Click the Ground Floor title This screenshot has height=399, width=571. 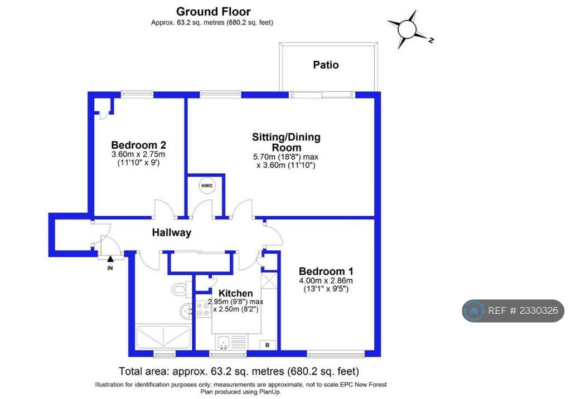(x=213, y=11)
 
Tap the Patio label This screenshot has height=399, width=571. (x=326, y=65)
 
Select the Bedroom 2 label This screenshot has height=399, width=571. (x=139, y=145)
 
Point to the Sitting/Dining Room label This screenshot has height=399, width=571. (x=287, y=142)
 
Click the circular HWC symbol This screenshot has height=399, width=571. (x=207, y=186)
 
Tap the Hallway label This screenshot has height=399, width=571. (x=172, y=232)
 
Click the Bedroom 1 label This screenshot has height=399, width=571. (x=326, y=271)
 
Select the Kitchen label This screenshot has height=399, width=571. (x=236, y=293)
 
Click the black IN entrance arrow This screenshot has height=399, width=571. (x=110, y=259)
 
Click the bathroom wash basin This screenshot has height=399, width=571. (x=188, y=311)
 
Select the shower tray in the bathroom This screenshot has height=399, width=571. (x=163, y=337)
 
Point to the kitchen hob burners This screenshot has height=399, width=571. (x=203, y=309)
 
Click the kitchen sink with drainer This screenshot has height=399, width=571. (x=231, y=342)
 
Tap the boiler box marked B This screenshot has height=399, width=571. (x=268, y=345)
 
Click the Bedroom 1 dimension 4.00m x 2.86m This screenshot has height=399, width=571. (x=326, y=281)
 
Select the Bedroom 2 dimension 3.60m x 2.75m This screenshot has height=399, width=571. (x=138, y=154)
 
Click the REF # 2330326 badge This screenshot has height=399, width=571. (x=513, y=310)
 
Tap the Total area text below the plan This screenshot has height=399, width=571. (x=239, y=371)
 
